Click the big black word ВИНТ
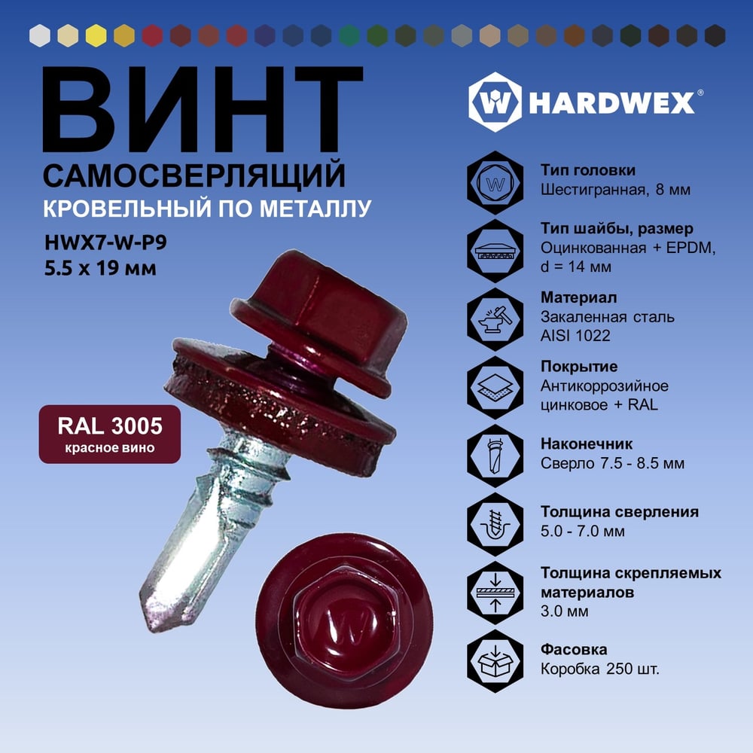pyautogui.click(x=202, y=109)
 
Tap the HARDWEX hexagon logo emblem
pyautogui.click(x=495, y=102)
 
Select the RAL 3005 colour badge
pyautogui.click(x=110, y=434)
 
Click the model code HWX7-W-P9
pyautogui.click(x=105, y=242)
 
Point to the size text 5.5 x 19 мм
pyautogui.click(x=100, y=268)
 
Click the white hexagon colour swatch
pyautogui.click(x=40, y=35)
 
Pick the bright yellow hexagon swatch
pyautogui.click(x=96, y=35)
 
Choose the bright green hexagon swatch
pyautogui.click(x=349, y=35)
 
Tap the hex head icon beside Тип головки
pyautogui.click(x=495, y=182)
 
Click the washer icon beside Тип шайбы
pyautogui.click(x=495, y=251)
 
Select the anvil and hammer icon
pyautogui.click(x=495, y=319)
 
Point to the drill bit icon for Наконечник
pyautogui.click(x=495, y=456)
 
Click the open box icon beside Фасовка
pyautogui.click(x=495, y=661)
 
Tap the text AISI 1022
pyautogui.click(x=575, y=336)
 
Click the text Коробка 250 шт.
pyautogui.click(x=600, y=669)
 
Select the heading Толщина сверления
pyautogui.click(x=620, y=512)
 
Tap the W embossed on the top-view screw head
pyautogui.click(x=346, y=626)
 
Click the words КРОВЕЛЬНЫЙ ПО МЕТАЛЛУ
pyautogui.click(x=207, y=209)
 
